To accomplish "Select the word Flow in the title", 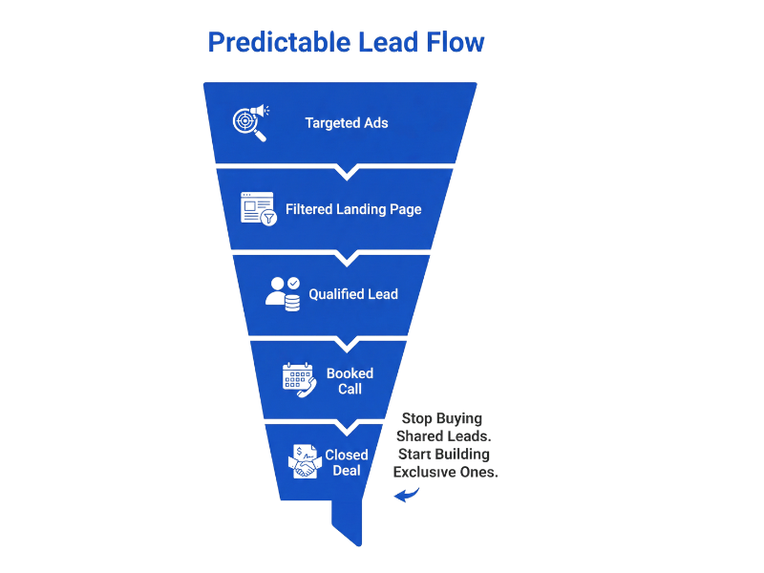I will (x=457, y=43).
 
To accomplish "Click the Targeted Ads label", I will (x=347, y=123).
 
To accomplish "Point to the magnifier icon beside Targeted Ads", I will (x=250, y=122).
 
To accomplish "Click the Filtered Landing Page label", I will (x=353, y=209).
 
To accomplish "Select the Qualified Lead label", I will (x=352, y=294).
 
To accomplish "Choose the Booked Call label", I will (x=349, y=380).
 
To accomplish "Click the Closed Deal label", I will (x=347, y=462).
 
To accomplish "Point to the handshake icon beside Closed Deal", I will (x=303, y=461).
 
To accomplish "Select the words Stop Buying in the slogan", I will (x=442, y=418).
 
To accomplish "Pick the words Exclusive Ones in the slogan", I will (x=445, y=472).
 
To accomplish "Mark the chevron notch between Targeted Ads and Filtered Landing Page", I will (x=347, y=172).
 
